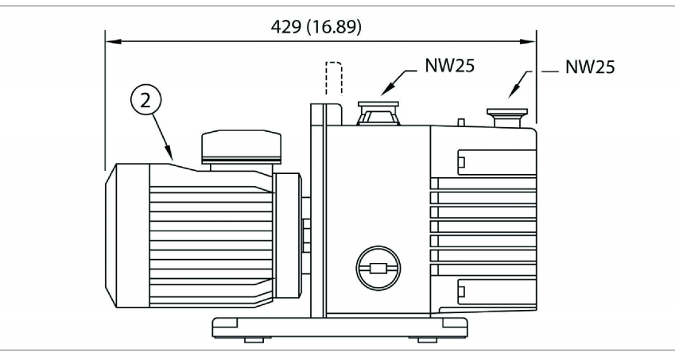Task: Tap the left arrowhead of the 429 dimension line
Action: click(111, 39)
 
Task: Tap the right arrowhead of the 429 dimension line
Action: click(531, 39)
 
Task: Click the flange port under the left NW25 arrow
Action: click(379, 113)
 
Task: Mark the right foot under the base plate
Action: click(427, 339)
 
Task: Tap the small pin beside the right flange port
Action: click(461, 122)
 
